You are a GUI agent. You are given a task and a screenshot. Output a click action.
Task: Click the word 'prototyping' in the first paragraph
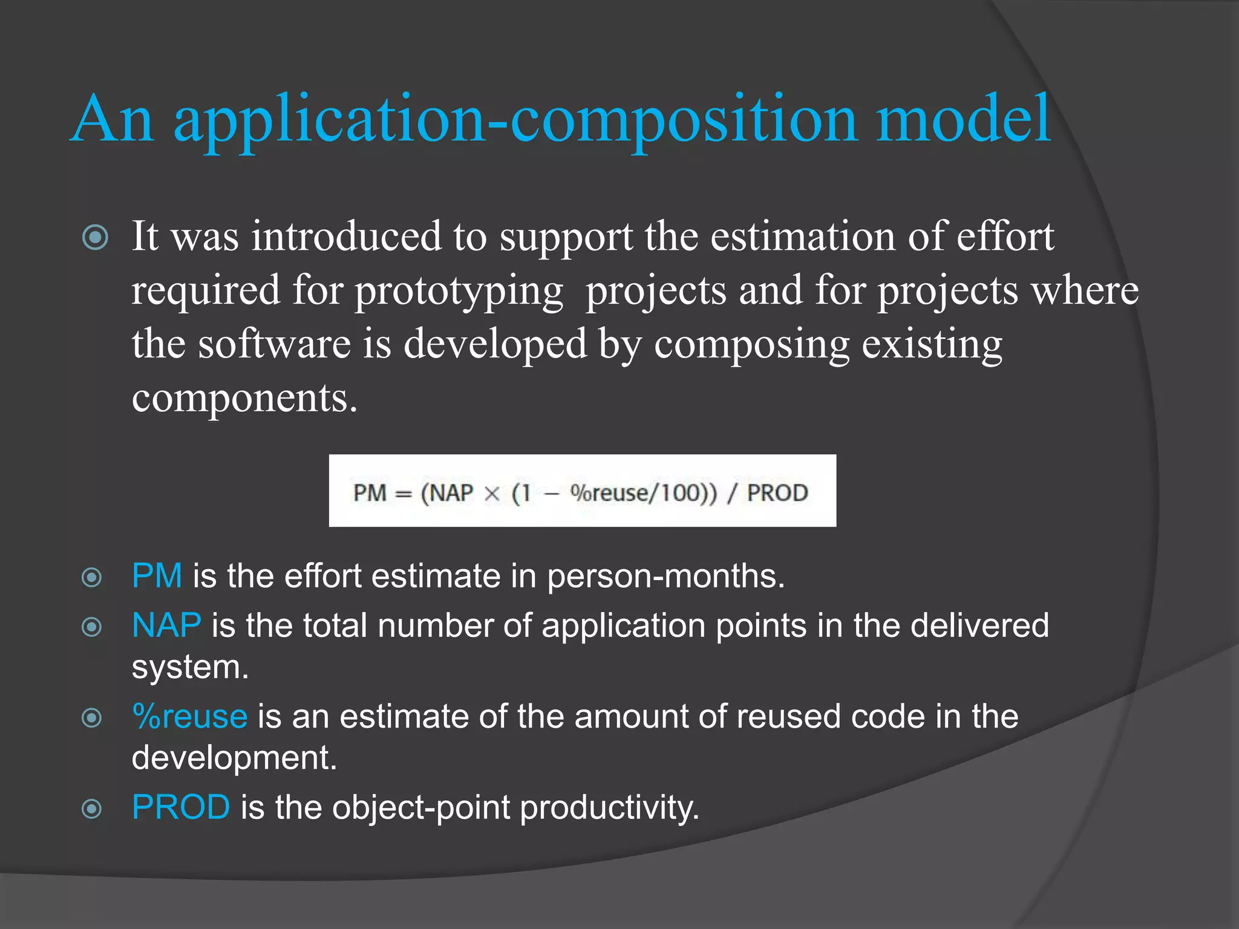(459, 292)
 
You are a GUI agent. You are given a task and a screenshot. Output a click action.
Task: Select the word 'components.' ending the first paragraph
(244, 399)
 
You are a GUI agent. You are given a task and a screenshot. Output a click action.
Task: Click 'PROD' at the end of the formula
(777, 493)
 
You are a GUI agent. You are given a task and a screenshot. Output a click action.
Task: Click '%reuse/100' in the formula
(635, 493)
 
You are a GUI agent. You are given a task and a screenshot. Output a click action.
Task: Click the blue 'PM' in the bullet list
(157, 575)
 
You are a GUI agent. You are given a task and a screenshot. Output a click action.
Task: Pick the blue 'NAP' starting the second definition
(166, 625)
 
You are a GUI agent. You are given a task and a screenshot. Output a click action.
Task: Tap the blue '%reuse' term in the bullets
(190, 716)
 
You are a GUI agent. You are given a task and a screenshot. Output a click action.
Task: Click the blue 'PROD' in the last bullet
(181, 807)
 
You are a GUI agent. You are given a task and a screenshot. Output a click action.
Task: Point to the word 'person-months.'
(665, 576)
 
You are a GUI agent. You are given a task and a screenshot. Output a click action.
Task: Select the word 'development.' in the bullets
(234, 757)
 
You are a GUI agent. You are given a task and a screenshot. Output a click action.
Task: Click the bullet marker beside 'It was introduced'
(95, 237)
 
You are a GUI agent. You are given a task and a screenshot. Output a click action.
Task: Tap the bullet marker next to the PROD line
(91, 809)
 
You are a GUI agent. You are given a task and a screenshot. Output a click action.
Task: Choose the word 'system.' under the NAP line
(190, 668)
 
